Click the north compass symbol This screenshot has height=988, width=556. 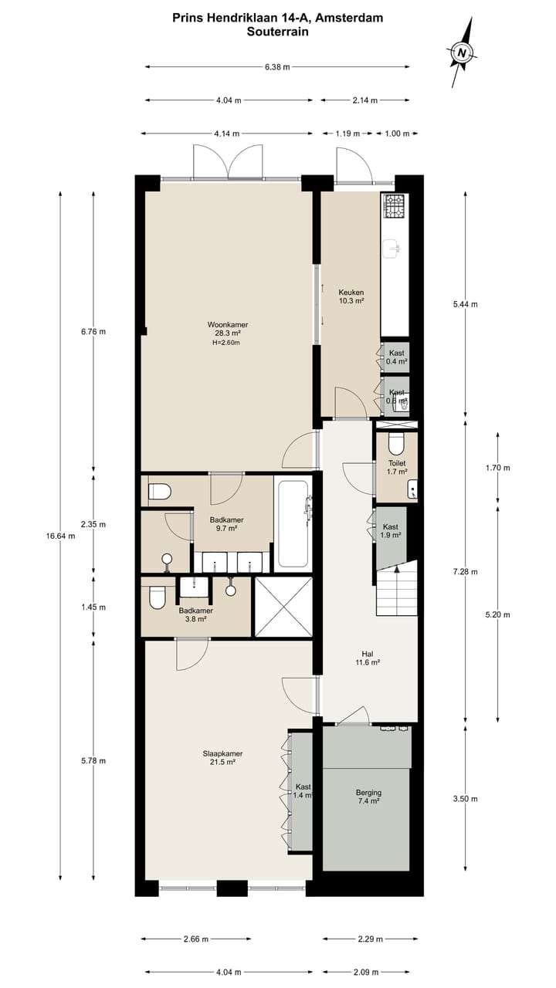coord(462,52)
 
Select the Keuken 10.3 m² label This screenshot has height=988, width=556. coord(351,297)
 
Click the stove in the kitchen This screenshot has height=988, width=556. coord(395,206)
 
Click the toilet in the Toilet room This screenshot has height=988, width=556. coord(396,444)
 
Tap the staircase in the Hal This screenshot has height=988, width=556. coord(396,589)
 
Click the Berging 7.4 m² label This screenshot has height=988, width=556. coord(368,797)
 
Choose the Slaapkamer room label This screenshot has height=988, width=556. coord(222,758)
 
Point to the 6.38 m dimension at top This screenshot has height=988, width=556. coord(276,67)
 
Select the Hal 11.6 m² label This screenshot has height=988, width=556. coord(367,658)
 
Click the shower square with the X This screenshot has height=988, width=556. coord(283,607)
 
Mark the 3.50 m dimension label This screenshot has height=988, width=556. coord(465,799)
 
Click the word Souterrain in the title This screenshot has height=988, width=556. coord(277,32)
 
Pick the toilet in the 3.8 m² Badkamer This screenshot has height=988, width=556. coord(158,597)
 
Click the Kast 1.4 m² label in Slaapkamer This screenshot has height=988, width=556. coord(303,790)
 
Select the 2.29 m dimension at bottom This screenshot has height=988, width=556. coord(370,939)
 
